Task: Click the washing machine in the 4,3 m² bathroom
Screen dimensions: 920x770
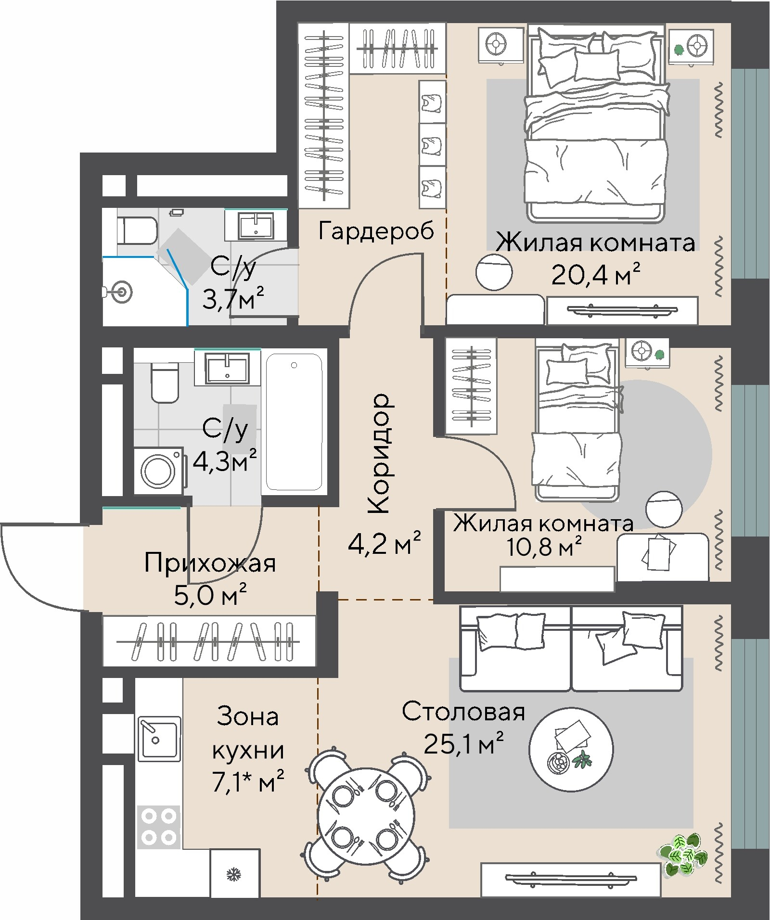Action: [x=158, y=471]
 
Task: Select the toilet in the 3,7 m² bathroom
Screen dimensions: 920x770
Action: [x=138, y=231]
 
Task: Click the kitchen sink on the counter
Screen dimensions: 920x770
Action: [x=159, y=739]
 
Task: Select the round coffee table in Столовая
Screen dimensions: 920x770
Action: [x=571, y=749]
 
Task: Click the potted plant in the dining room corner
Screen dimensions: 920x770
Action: [x=683, y=854]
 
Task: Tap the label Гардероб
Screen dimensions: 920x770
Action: [x=376, y=231]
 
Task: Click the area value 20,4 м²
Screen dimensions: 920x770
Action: [x=596, y=276]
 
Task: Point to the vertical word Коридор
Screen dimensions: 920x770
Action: [x=379, y=453]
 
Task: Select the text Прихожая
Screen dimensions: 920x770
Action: [x=210, y=562]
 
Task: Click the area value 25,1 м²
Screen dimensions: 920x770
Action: [x=463, y=744]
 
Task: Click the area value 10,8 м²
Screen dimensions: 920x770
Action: [x=544, y=547]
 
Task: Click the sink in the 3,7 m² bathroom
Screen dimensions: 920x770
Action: [x=256, y=226]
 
